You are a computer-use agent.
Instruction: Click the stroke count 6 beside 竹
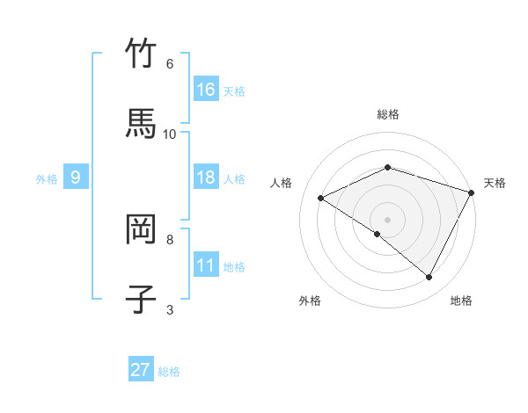(x=169, y=63)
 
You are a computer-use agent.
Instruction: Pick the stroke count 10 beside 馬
(x=170, y=134)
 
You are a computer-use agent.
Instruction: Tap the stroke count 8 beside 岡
(x=170, y=239)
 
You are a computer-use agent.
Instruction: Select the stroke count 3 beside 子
(x=169, y=309)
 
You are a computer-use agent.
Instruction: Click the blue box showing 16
(x=206, y=90)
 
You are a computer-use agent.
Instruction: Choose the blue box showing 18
(x=206, y=178)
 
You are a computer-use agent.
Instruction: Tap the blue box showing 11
(x=206, y=265)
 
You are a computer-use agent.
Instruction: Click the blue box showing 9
(x=76, y=178)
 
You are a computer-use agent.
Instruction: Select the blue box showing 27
(x=141, y=370)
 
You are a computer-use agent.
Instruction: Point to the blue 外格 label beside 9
(x=47, y=178)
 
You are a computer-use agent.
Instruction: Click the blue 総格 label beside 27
(x=169, y=372)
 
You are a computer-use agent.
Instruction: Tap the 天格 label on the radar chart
(x=495, y=183)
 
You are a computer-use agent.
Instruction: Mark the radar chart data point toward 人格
(x=321, y=199)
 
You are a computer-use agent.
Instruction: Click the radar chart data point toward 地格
(x=429, y=278)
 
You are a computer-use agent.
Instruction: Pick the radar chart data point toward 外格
(x=378, y=234)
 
